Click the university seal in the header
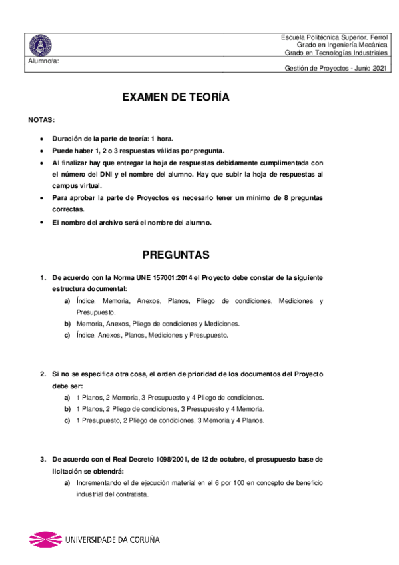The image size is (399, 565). (41, 45)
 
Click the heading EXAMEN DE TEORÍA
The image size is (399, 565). (176, 97)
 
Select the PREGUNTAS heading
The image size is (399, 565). (176, 255)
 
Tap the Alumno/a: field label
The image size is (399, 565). (43, 61)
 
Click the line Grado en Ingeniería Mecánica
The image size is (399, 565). (341, 44)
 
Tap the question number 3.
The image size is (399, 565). (42, 459)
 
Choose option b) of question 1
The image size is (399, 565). (67, 324)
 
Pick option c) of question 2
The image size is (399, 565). (67, 420)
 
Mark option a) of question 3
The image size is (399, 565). (67, 482)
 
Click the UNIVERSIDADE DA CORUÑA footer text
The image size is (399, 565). (112, 540)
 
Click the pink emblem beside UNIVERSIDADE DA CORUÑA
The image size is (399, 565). (45, 540)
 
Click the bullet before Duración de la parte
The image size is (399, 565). (42, 139)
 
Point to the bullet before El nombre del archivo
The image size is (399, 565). (42, 222)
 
